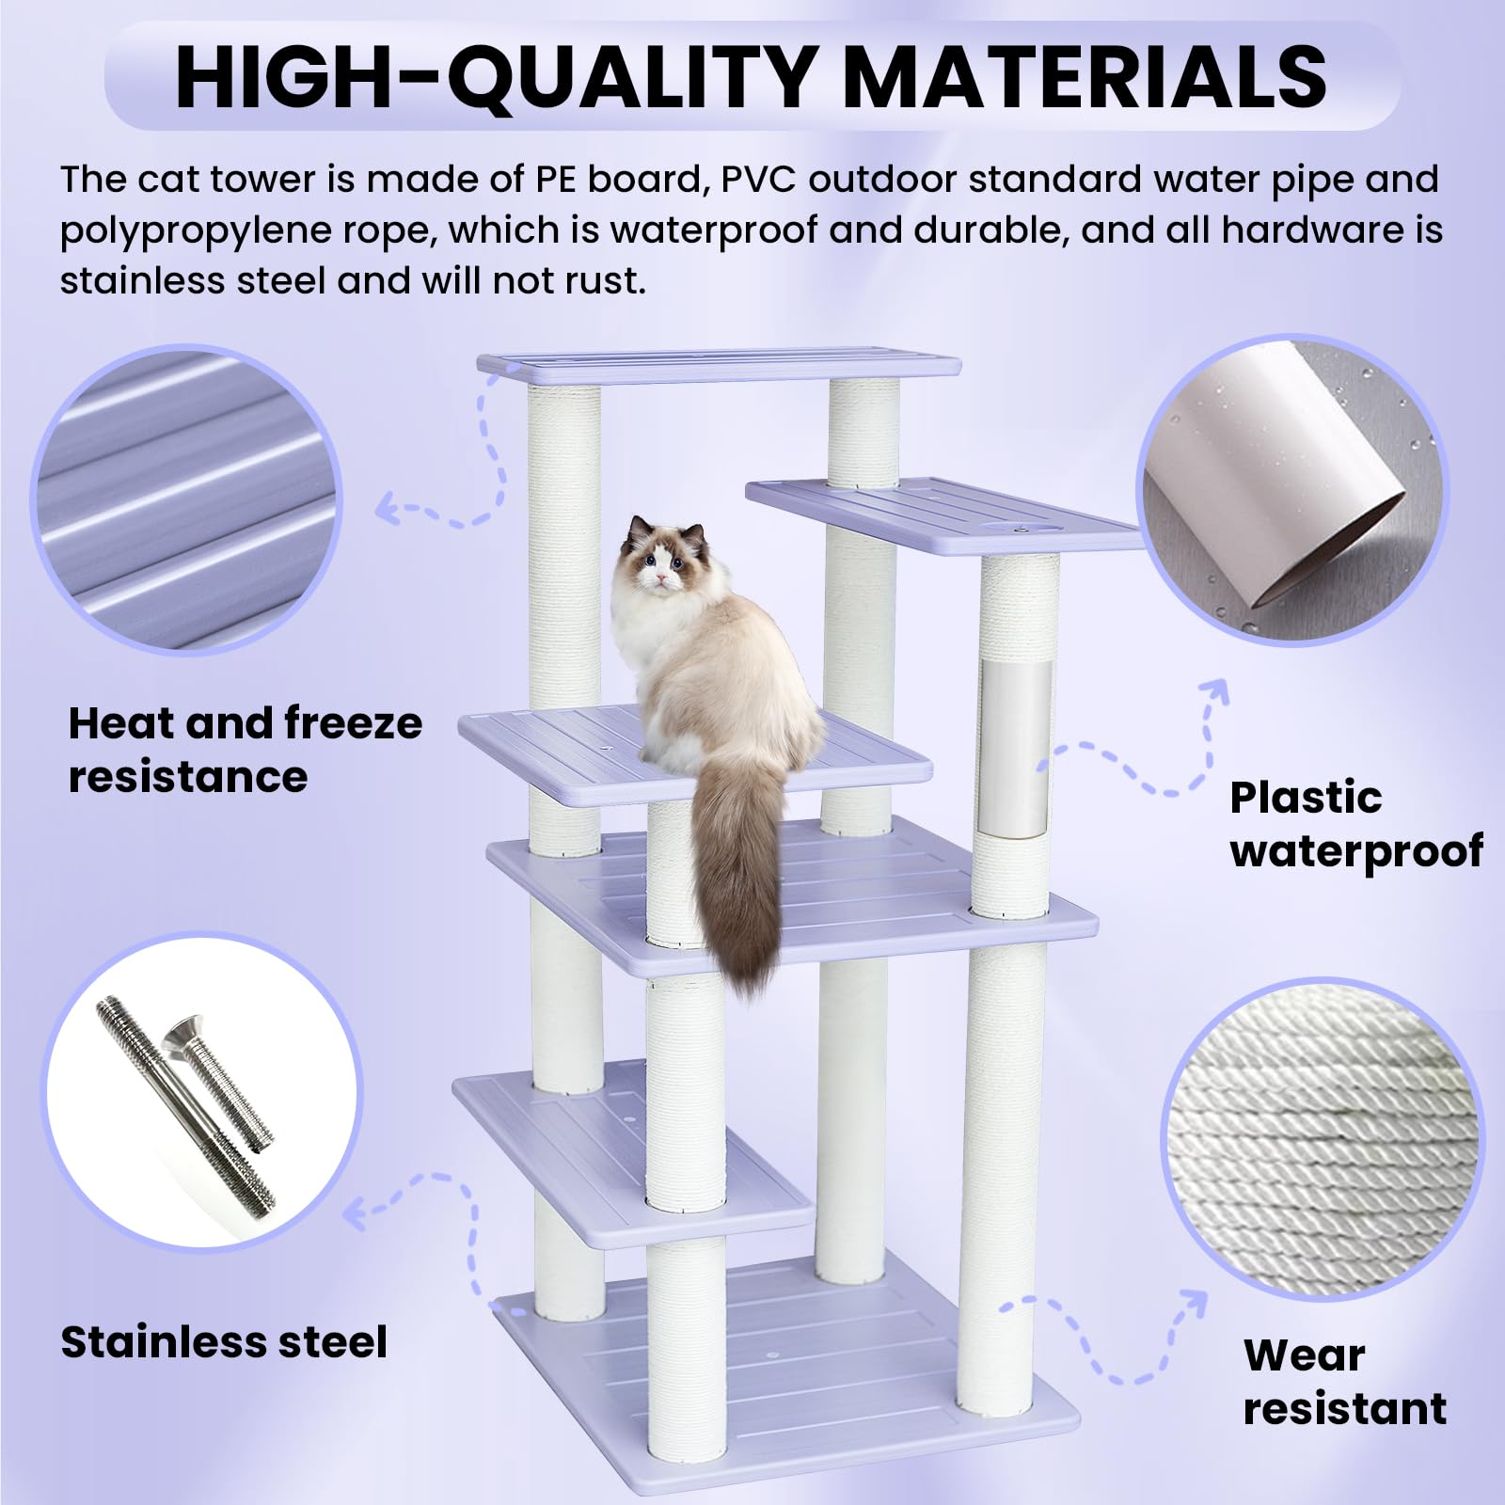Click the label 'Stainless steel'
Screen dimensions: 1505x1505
click(x=224, y=1341)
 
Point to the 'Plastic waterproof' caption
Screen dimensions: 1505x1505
click(x=1354, y=823)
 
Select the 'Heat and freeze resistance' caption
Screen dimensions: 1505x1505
click(x=245, y=750)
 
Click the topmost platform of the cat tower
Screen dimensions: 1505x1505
click(x=719, y=366)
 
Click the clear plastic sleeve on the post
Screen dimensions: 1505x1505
click(x=1015, y=748)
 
